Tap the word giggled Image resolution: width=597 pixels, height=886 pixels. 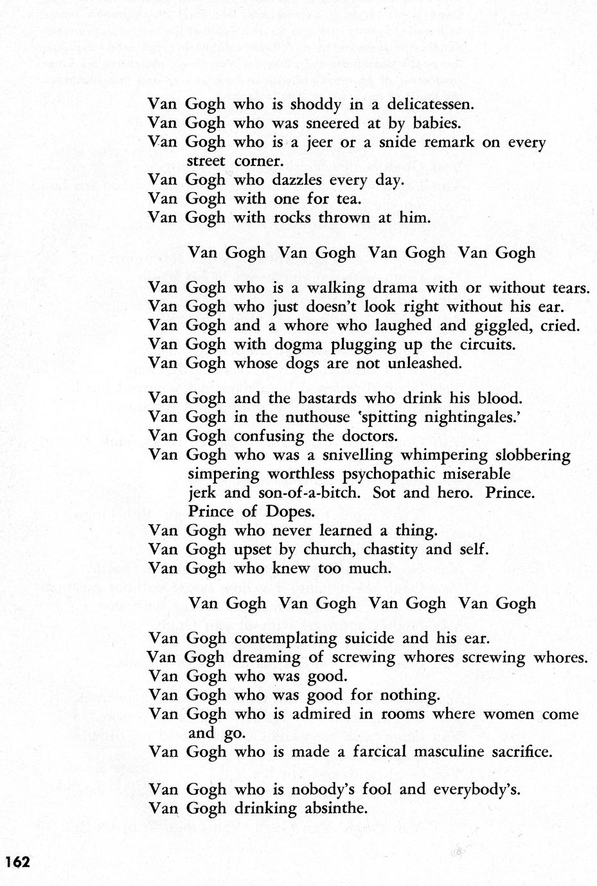(x=490, y=326)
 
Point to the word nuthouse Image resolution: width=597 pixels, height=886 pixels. (x=311, y=417)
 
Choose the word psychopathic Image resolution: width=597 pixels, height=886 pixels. (x=393, y=474)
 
